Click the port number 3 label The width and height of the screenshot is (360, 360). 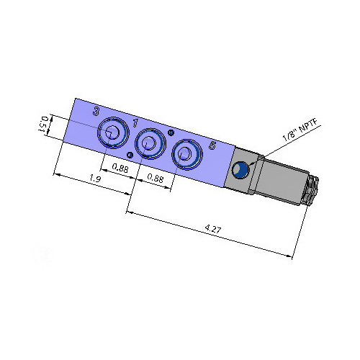pos(96,112)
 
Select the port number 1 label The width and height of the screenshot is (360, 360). pos(135,122)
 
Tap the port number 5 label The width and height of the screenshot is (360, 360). pos(212,145)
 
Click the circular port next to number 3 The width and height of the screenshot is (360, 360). pos(112,132)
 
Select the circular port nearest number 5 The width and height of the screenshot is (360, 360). pos(185,153)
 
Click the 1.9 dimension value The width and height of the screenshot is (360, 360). pos(94,178)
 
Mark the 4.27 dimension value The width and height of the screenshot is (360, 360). pos(212,229)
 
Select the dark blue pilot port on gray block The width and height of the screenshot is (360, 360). pos(240,170)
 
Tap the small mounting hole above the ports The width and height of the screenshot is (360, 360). pos(171,132)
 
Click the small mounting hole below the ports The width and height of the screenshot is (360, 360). pos(129,155)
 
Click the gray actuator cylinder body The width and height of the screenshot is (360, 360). pos(281,184)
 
